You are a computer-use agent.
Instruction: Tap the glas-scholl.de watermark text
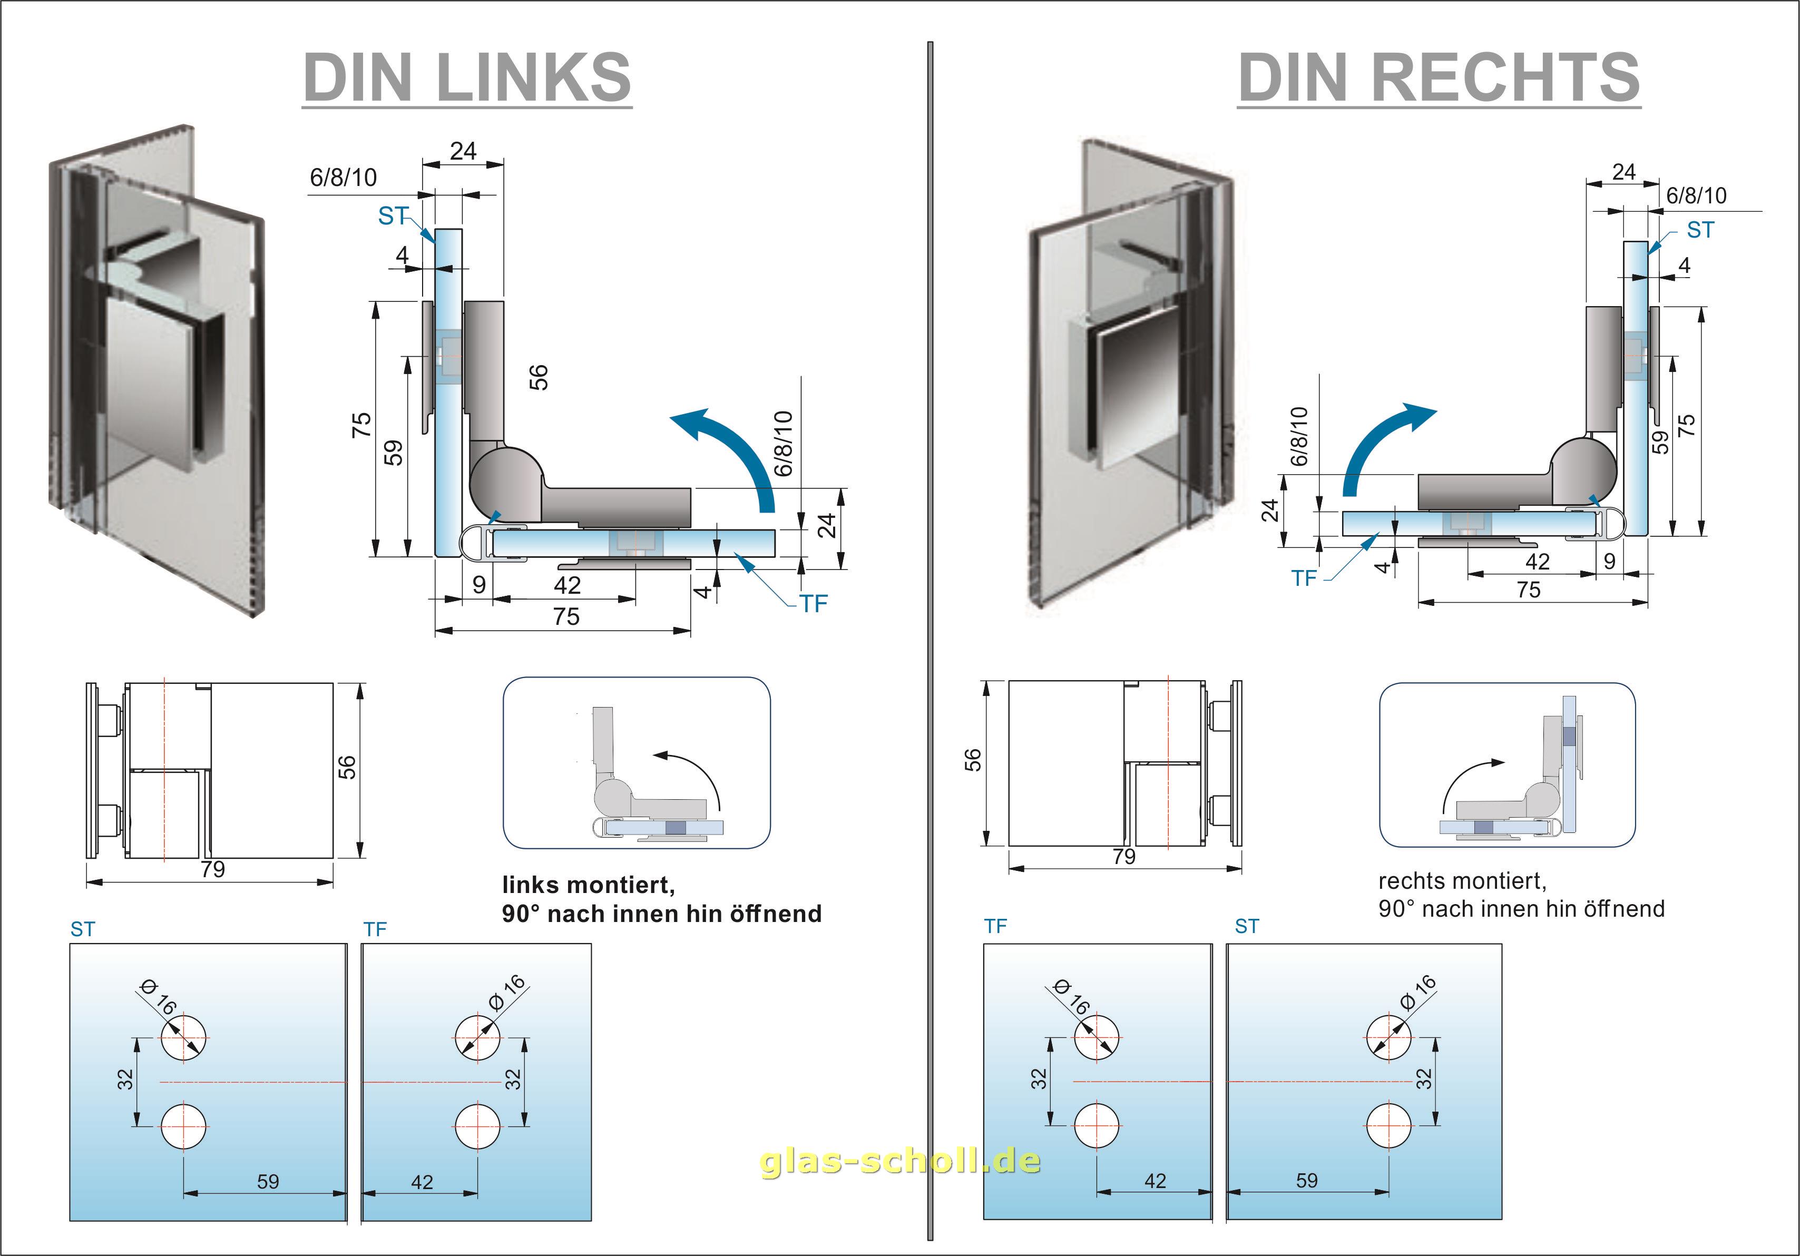click(900, 1161)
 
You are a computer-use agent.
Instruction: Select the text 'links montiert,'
click(588, 885)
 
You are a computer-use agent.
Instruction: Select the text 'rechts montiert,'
click(1462, 881)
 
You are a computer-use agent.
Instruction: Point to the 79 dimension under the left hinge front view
click(212, 869)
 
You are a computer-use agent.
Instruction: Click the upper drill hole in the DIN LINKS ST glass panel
click(184, 1037)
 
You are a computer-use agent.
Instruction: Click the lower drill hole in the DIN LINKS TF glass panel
click(477, 1126)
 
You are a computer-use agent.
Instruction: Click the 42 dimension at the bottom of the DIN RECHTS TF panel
click(1155, 1181)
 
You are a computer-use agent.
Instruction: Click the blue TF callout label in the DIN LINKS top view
click(813, 604)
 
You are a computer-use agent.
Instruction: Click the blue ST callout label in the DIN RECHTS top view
click(1700, 230)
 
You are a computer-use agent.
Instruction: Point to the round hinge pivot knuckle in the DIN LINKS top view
click(506, 480)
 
